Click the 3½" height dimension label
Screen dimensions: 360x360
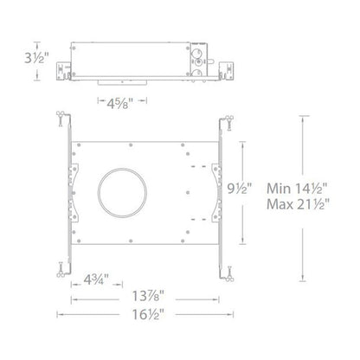36,59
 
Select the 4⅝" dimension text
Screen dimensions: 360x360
120,103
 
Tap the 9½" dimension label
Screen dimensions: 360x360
240,189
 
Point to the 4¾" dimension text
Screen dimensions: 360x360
96,280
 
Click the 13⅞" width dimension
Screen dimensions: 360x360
148,296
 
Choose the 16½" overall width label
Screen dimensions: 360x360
148,314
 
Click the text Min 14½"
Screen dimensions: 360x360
298,189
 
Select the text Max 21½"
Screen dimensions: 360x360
298,204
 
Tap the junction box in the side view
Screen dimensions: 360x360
199,60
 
